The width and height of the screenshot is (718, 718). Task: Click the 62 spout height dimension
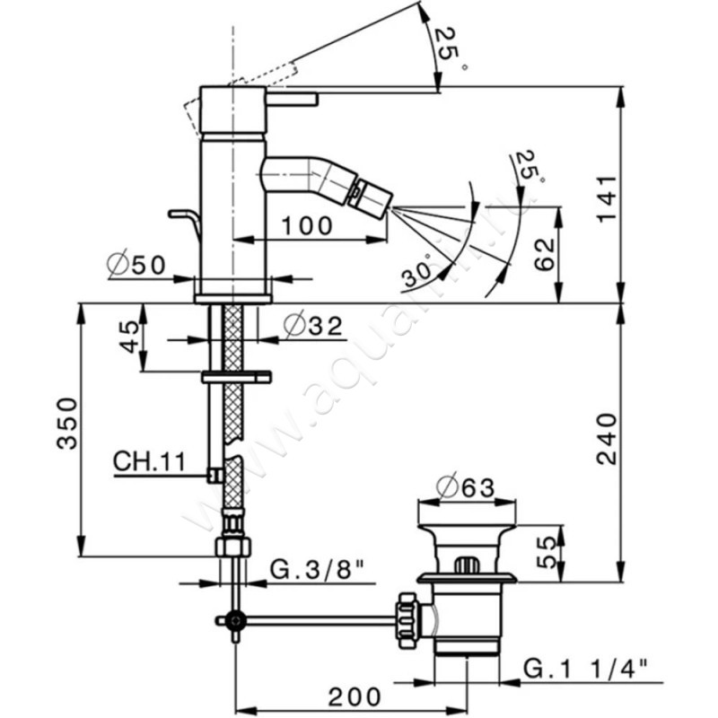click(x=542, y=254)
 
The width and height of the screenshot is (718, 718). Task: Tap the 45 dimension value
click(x=131, y=337)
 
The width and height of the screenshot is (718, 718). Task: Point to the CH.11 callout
click(x=148, y=461)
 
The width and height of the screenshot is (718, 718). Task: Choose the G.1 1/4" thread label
click(x=592, y=668)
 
